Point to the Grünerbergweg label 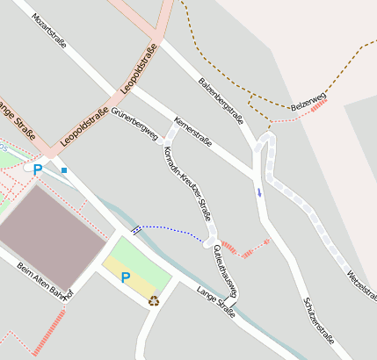(x=134, y=126)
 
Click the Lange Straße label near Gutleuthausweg (x=216, y=301)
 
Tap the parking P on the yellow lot (x=125, y=277)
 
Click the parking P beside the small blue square (x=38, y=169)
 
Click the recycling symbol (x=154, y=301)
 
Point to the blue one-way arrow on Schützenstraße (x=259, y=191)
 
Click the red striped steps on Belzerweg (x=318, y=105)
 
